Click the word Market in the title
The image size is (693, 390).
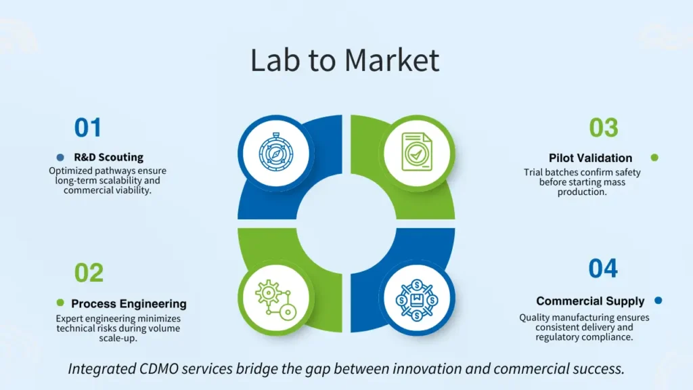[392, 60]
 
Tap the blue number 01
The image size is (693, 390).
[88, 128]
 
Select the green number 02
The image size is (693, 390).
[89, 273]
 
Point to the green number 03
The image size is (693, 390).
[603, 128]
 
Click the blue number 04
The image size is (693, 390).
[603, 269]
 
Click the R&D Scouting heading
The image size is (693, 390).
[108, 157]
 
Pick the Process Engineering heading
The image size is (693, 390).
[129, 303]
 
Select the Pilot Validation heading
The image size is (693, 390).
[590, 158]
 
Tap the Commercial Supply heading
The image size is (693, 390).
[590, 301]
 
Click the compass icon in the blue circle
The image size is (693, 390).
[275, 152]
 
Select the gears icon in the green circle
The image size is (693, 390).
[275, 297]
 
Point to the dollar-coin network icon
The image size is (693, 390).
[416, 298]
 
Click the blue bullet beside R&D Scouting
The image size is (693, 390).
[60, 157]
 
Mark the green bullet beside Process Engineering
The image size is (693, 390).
[60, 303]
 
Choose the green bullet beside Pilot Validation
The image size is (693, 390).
[654, 158]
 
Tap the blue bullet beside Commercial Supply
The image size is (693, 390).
[658, 301]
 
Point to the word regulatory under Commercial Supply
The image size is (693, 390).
[562, 337]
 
